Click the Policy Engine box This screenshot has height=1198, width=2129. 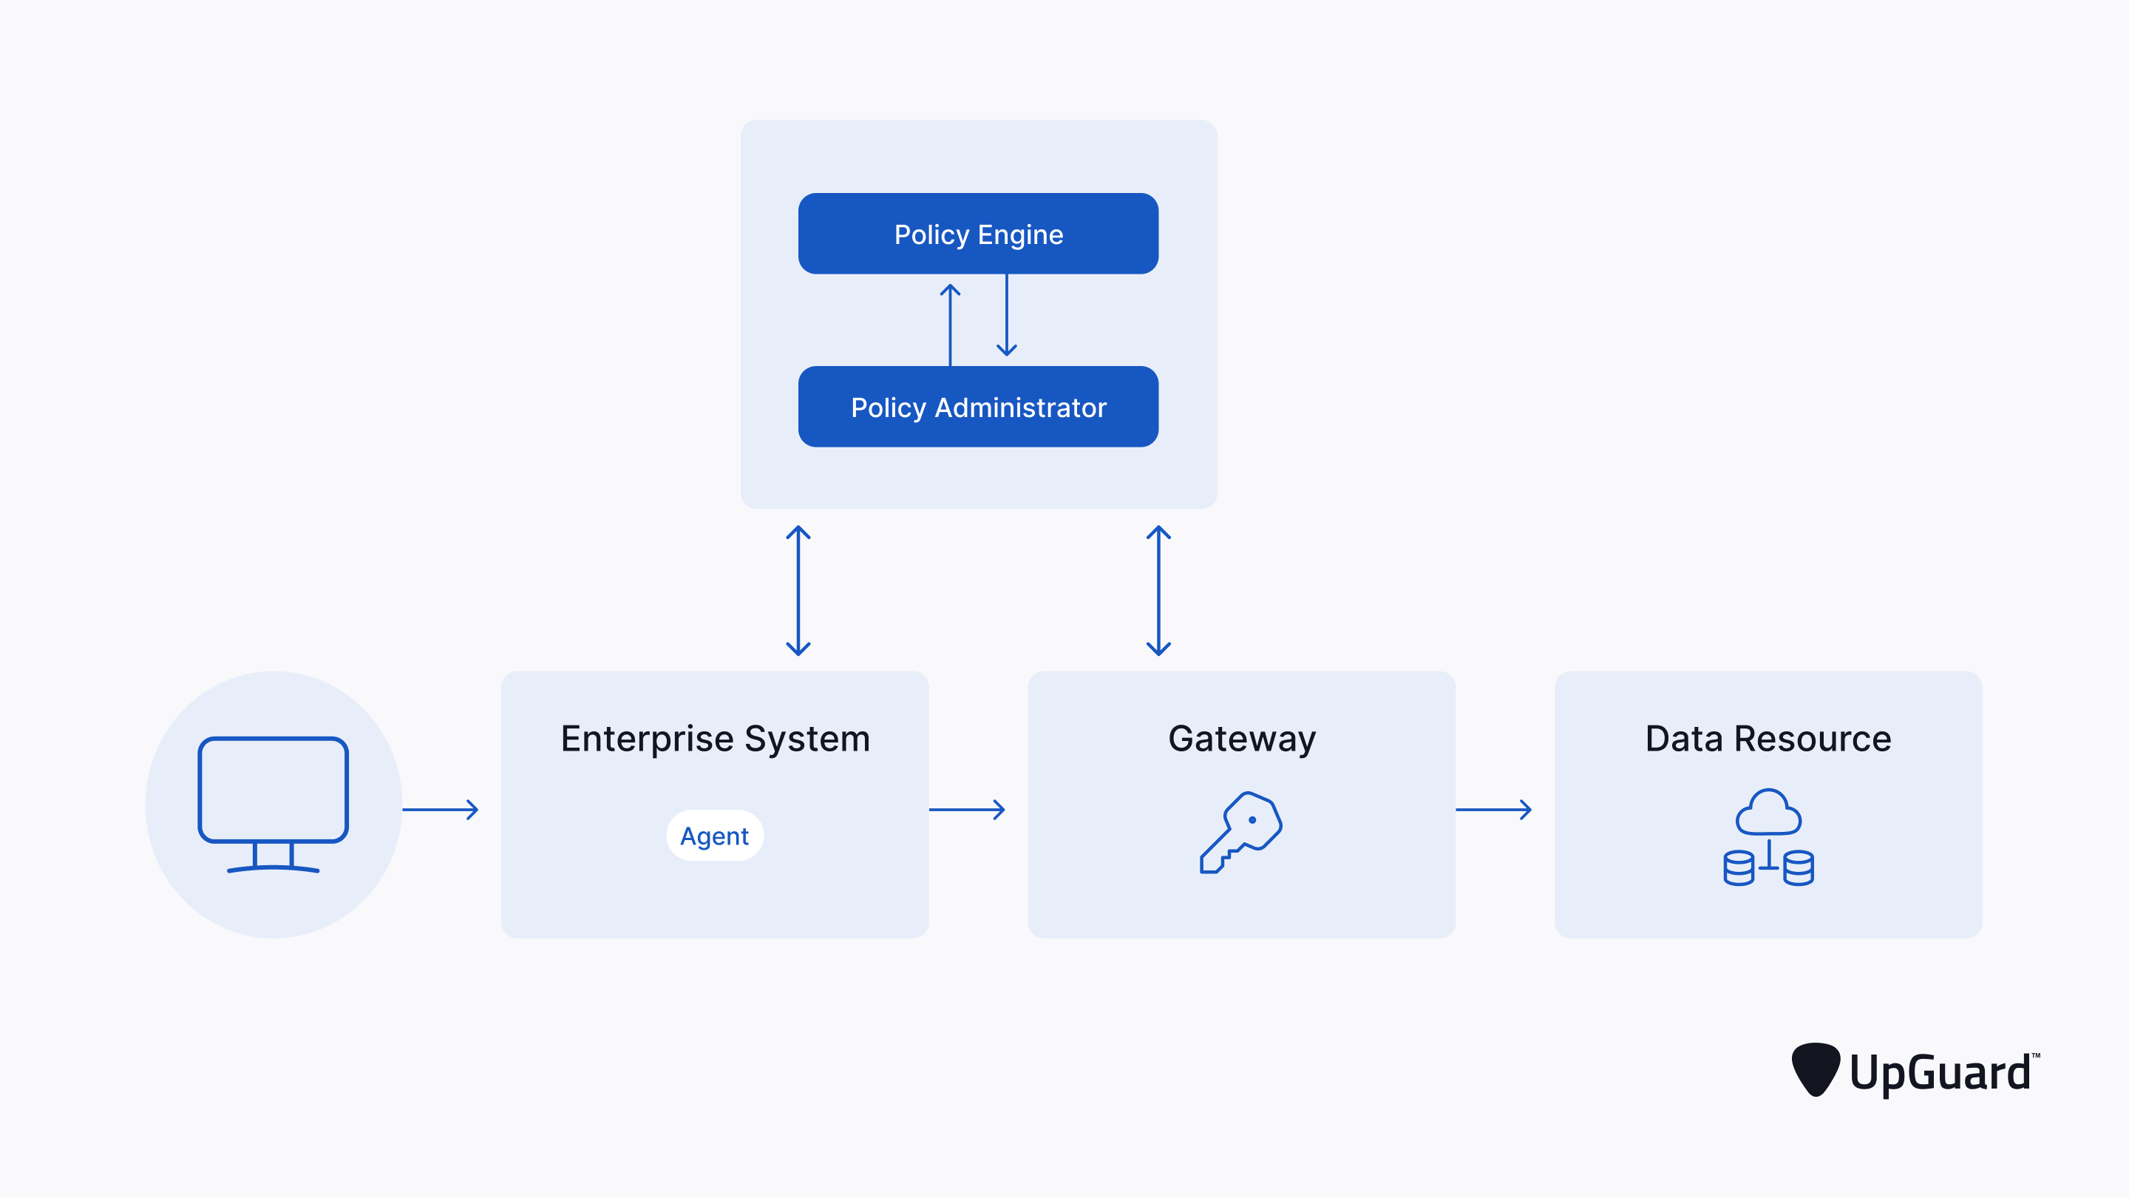[x=978, y=234]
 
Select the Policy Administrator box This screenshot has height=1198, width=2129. [x=978, y=407]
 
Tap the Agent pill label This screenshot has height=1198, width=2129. [x=714, y=836]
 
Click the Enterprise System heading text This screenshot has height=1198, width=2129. [x=715, y=738]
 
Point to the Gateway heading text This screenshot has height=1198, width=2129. [x=1241, y=738]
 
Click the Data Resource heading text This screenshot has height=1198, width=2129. [x=1768, y=738]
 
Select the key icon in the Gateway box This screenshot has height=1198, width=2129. [x=1240, y=832]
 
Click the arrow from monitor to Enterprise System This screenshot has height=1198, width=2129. [x=441, y=810]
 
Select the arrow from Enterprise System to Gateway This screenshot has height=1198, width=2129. [x=967, y=810]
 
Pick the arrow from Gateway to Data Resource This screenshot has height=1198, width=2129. [x=1493, y=810]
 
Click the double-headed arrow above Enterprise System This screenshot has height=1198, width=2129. [x=798, y=590]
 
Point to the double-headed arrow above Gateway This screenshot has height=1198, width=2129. [x=1158, y=590]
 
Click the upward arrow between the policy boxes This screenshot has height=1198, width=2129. [x=950, y=324]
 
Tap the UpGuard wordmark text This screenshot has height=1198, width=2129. [x=1940, y=1072]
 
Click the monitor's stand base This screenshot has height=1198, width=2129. [x=273, y=867]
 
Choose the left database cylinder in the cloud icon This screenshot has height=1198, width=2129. [x=1738, y=868]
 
